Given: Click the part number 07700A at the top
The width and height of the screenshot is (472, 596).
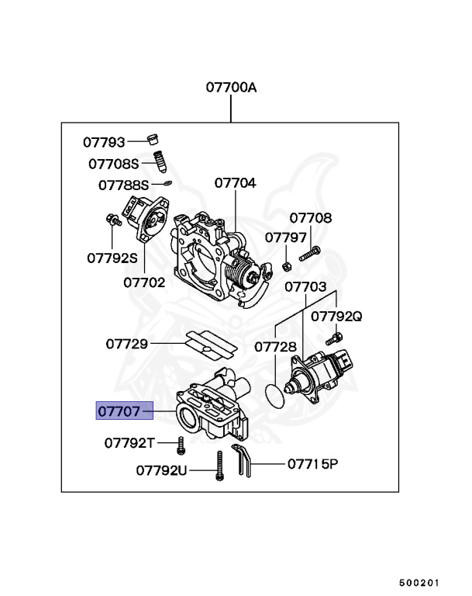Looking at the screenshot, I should click(x=231, y=88).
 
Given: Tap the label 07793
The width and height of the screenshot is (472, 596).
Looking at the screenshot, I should click(x=104, y=142).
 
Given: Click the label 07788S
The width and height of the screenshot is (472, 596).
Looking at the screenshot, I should click(x=123, y=185).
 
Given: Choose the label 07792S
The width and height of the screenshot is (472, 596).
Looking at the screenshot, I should click(x=112, y=258).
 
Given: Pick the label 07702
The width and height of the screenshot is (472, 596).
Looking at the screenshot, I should click(x=144, y=282).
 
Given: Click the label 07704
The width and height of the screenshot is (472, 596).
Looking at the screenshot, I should click(x=235, y=183).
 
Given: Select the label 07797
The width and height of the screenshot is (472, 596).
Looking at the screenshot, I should click(x=286, y=237).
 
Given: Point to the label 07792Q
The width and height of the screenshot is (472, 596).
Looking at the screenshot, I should click(x=336, y=316).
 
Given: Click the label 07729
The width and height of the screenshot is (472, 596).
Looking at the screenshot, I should click(x=127, y=342).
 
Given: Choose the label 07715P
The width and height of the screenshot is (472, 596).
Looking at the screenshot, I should click(x=313, y=464).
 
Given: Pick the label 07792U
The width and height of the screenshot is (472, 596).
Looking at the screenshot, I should click(x=161, y=470).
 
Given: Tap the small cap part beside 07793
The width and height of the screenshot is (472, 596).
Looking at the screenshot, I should click(x=153, y=140).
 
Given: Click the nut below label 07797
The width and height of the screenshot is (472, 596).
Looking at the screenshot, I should click(x=286, y=265).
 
